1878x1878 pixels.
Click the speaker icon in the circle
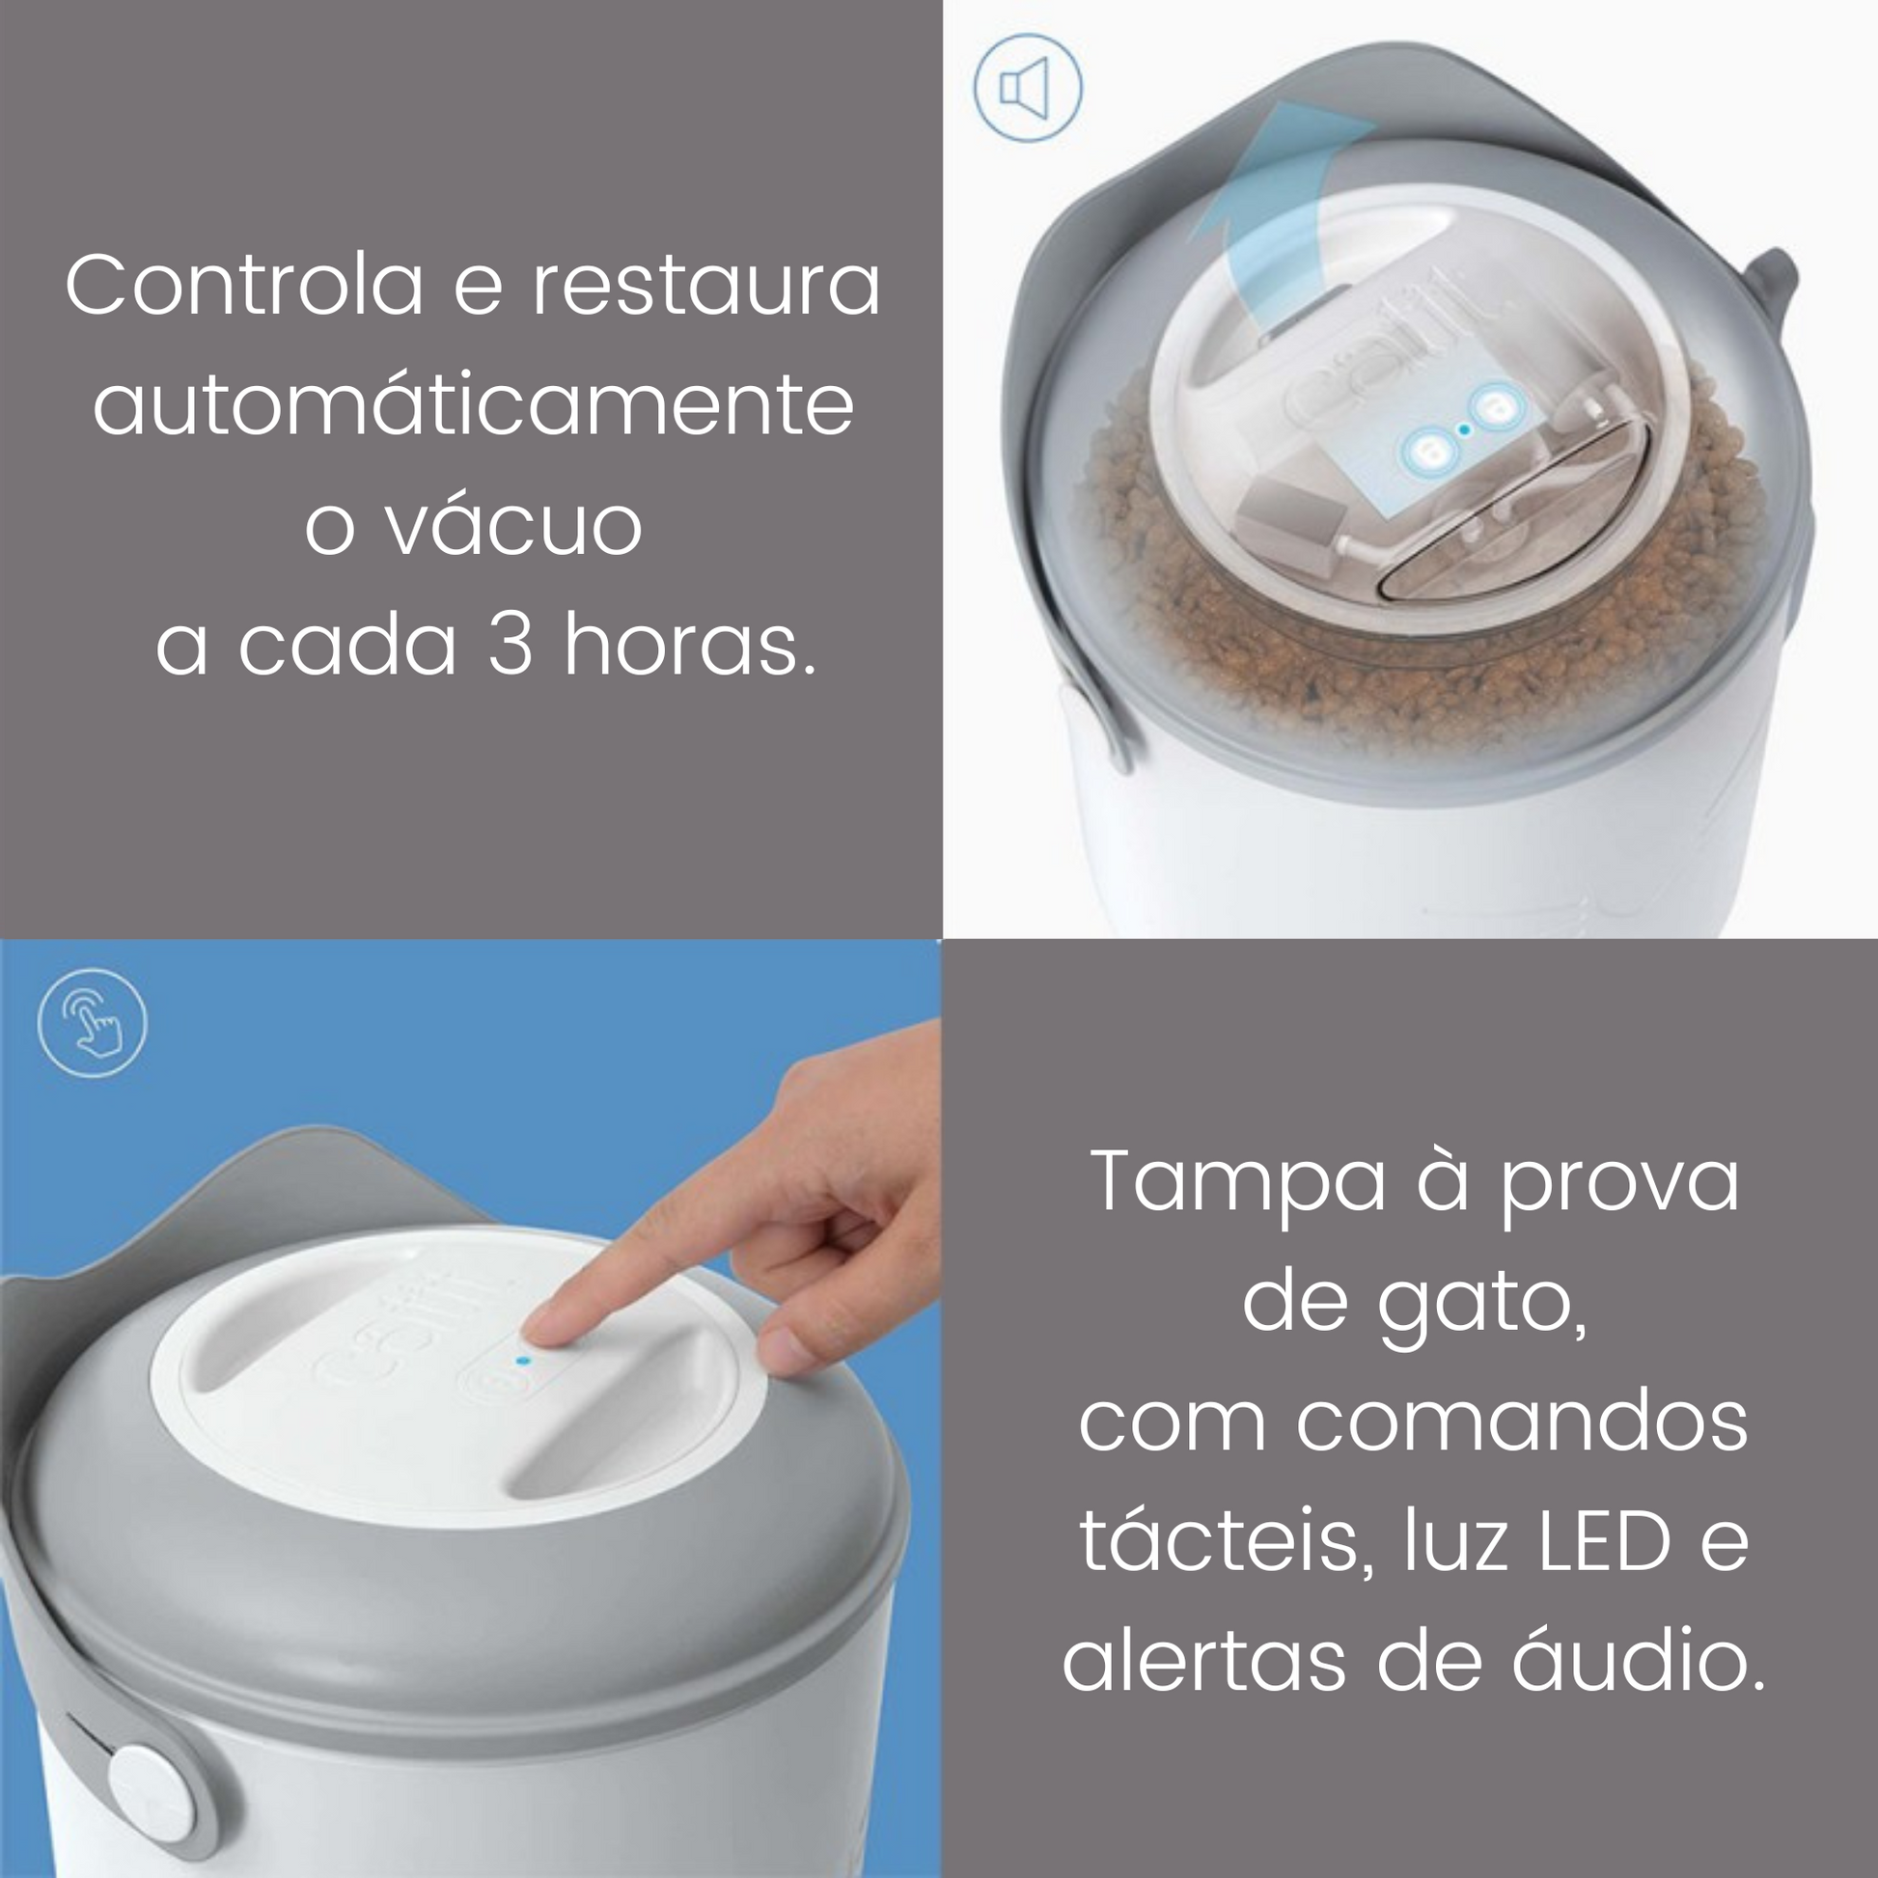(x=1027, y=90)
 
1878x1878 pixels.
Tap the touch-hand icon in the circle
(x=93, y=1023)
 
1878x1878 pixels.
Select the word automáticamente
(x=474, y=405)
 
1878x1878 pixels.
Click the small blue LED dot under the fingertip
(x=523, y=1361)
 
